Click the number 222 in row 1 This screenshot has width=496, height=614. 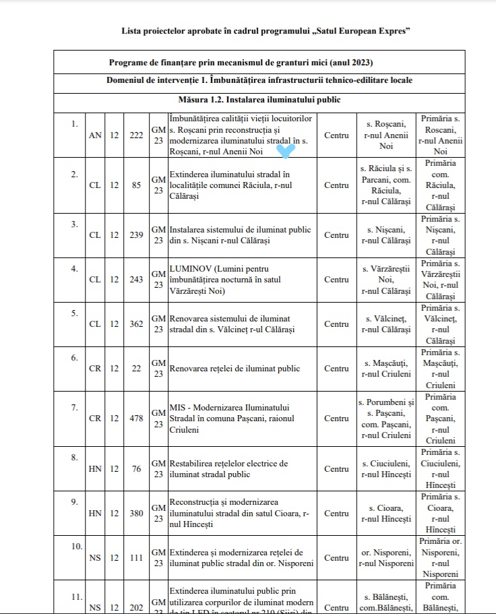pyautogui.click(x=136, y=135)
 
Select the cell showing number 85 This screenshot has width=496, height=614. pyautogui.click(x=136, y=185)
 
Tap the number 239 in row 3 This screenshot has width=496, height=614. pyautogui.click(x=136, y=235)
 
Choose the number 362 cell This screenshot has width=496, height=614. pyautogui.click(x=136, y=324)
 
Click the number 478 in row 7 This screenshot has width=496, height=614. pyautogui.click(x=136, y=418)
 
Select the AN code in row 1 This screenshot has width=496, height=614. pyautogui.click(x=96, y=135)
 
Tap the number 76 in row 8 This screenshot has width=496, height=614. pyautogui.click(x=136, y=469)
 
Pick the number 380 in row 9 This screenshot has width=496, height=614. pyautogui.click(x=136, y=513)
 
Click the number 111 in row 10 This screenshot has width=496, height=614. pyautogui.click(x=136, y=558)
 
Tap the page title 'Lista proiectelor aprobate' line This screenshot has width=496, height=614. pyautogui.click(x=266, y=32)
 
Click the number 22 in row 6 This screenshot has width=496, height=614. pyautogui.click(x=136, y=369)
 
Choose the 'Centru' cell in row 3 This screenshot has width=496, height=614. pyautogui.click(x=336, y=235)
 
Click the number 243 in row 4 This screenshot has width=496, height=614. pyautogui.click(x=136, y=279)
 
